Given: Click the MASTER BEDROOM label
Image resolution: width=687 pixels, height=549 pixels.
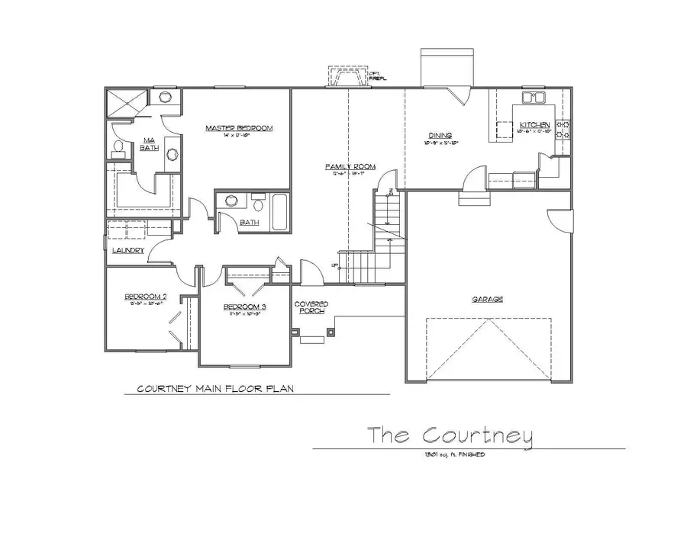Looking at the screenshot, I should click(238, 129).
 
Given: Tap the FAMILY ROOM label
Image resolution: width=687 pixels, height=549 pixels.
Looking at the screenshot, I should click(347, 166).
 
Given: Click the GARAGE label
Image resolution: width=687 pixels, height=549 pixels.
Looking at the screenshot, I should click(487, 299).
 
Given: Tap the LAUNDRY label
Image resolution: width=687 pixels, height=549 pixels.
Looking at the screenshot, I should click(127, 250).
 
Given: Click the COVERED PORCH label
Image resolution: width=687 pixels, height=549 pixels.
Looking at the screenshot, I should click(311, 307).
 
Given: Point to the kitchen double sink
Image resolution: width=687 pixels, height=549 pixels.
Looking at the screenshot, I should click(534, 98).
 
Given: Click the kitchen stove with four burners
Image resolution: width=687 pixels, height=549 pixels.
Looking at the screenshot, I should click(563, 129).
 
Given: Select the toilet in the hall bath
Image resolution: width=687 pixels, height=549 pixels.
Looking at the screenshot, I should click(257, 204).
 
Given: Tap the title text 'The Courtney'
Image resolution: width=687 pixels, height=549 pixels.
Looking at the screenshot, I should click(450, 435).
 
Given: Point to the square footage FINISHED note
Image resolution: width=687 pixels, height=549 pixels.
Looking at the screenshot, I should click(450, 454).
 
